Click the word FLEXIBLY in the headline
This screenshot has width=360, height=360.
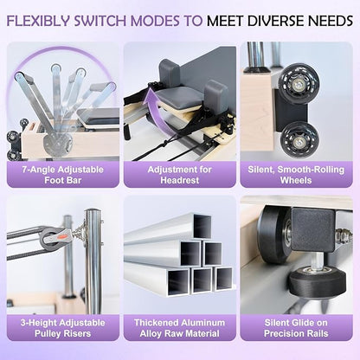38,21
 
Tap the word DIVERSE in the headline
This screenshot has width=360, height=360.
275,21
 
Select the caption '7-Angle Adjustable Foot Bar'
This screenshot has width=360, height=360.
63,175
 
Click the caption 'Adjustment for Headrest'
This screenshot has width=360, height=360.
180,175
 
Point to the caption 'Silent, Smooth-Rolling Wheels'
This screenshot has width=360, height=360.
296,175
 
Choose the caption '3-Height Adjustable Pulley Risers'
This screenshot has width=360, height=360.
63,328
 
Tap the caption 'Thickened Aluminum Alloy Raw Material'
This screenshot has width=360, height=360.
180,328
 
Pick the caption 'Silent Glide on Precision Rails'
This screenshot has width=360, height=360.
296,328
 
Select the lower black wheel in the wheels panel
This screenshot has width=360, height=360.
299,139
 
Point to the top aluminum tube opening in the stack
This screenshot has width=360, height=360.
202,227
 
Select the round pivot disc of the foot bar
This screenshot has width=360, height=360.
58,144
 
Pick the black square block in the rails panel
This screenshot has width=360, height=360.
313,229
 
